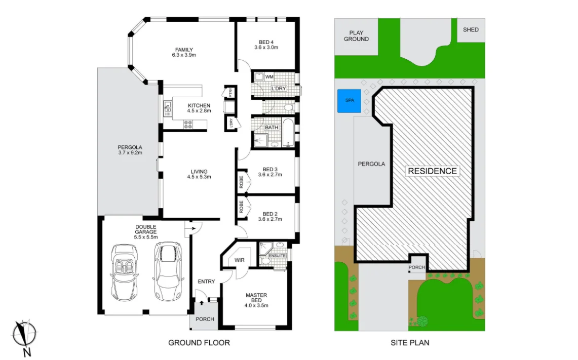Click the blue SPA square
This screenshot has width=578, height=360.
point(349,101)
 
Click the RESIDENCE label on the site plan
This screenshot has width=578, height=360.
point(432,171)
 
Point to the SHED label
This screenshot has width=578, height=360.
point(471,29)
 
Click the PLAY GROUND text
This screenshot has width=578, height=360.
point(356,35)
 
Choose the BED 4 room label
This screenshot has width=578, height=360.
point(266,42)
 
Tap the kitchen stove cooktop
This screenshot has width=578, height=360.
point(188,124)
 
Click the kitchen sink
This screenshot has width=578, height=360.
point(167,107)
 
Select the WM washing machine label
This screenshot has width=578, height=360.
point(269,77)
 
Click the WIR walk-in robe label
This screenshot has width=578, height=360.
point(239,260)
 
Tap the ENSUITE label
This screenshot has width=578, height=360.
point(278,256)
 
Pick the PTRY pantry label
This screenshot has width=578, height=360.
point(230,93)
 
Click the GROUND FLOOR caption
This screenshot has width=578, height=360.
point(199,343)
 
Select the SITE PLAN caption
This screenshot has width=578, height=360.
point(410,343)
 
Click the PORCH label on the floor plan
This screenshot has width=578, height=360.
point(205,319)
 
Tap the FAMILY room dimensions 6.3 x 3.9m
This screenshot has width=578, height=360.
point(184,55)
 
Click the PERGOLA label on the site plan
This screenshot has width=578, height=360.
point(371,164)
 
